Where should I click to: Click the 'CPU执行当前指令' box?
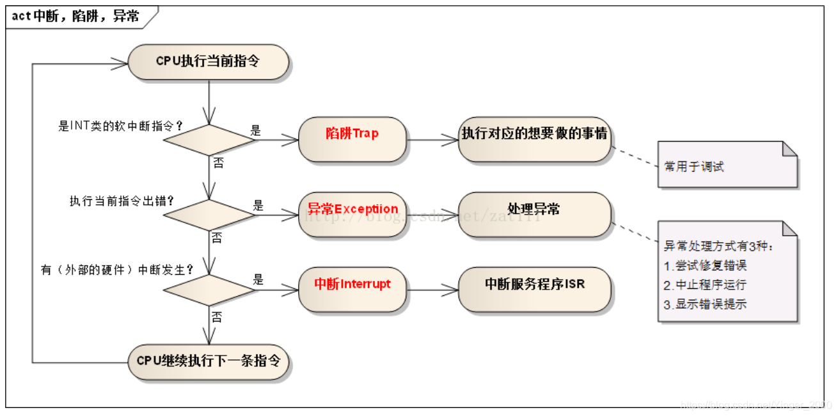coord(209,61)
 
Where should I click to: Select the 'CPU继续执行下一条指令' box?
coord(209,361)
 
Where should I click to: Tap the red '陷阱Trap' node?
coord(352,134)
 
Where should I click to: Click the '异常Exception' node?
coord(352,209)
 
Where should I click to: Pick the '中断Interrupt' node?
coord(352,284)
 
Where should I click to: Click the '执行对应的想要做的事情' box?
coord(534,134)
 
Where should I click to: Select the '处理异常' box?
coord(534,209)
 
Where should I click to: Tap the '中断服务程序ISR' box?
coord(534,284)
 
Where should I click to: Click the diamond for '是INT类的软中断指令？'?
coord(210,140)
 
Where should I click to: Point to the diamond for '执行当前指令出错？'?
coord(210,215)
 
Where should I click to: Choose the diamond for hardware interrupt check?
coord(210,290)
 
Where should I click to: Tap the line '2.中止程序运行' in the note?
coord(705,284)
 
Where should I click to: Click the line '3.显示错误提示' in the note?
coord(705,304)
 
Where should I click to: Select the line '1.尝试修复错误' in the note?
coord(705,265)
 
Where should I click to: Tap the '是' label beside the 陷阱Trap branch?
coord(256,131)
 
